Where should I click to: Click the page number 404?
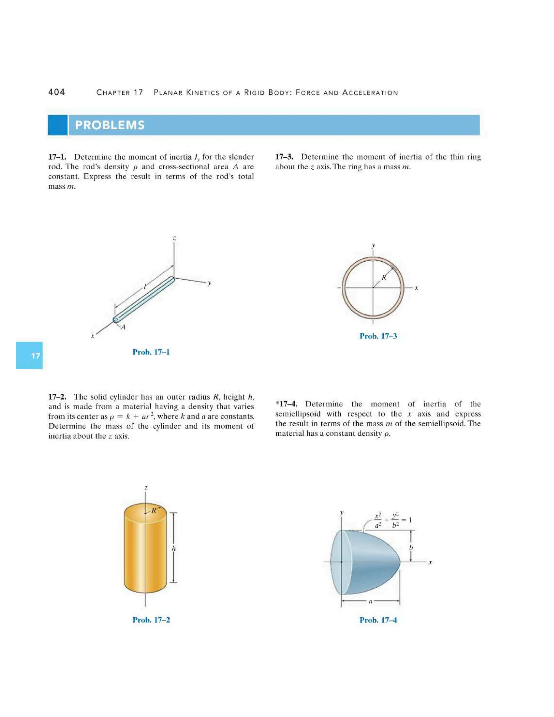pyautogui.click(x=57, y=92)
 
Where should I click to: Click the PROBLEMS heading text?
pyautogui.click(x=110, y=125)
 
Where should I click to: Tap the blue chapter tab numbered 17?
pyautogui.click(x=29, y=355)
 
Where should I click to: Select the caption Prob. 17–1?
pyautogui.click(x=151, y=352)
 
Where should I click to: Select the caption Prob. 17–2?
pyautogui.click(x=151, y=620)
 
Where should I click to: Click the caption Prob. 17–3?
pyautogui.click(x=378, y=336)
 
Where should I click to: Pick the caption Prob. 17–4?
pyautogui.click(x=378, y=620)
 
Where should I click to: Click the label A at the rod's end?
pyautogui.click(x=123, y=327)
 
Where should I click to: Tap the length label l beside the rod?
pyautogui.click(x=144, y=287)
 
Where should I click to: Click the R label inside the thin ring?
pyautogui.click(x=384, y=278)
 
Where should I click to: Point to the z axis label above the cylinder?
pyautogui.click(x=146, y=488)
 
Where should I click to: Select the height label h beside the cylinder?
pyautogui.click(x=174, y=548)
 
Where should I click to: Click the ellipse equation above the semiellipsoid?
pyautogui.click(x=393, y=520)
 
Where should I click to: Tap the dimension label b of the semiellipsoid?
pyautogui.click(x=411, y=547)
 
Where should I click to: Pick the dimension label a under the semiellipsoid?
pyautogui.click(x=371, y=602)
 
